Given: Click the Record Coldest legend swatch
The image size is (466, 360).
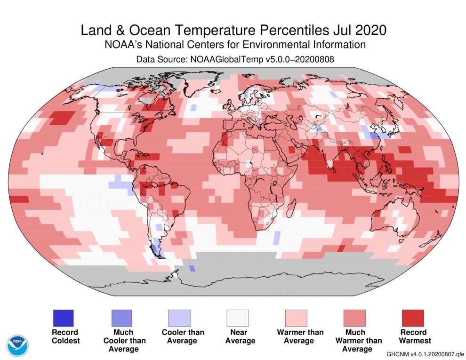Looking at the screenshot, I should point(64,318).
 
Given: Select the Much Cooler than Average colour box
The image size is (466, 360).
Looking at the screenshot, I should point(121,318).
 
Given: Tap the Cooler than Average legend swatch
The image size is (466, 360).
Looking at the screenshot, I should point(179,318).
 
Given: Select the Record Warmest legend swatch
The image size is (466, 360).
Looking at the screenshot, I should point(413,318).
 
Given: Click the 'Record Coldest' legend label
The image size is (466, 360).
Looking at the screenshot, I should point(65,336).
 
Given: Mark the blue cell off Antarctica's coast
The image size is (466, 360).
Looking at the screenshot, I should point(192,268).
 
